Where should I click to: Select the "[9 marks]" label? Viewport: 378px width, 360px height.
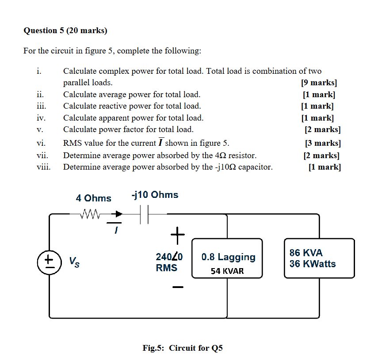[x=318, y=83]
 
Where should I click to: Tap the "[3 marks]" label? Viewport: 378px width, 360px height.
[x=323, y=143]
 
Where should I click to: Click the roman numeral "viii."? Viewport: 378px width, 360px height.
[x=43, y=167]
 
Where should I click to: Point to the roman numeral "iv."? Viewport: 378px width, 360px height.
[x=41, y=118]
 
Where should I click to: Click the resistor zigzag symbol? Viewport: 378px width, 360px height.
[x=92, y=214]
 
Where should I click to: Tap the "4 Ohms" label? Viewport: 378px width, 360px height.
[x=93, y=198]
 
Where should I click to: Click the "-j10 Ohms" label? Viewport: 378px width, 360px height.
[x=155, y=195]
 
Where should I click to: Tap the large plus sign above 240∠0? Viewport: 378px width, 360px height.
[x=177, y=234]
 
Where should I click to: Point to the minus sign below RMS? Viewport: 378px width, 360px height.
[x=178, y=287]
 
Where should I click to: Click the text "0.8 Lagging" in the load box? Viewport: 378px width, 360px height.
[x=228, y=257]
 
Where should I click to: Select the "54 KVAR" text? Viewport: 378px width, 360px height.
[x=227, y=271]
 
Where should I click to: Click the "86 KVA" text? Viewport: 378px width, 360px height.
[x=306, y=253]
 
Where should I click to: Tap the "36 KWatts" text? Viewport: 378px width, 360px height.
[x=313, y=264]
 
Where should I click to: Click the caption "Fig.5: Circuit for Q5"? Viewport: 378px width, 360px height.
[x=183, y=348]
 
